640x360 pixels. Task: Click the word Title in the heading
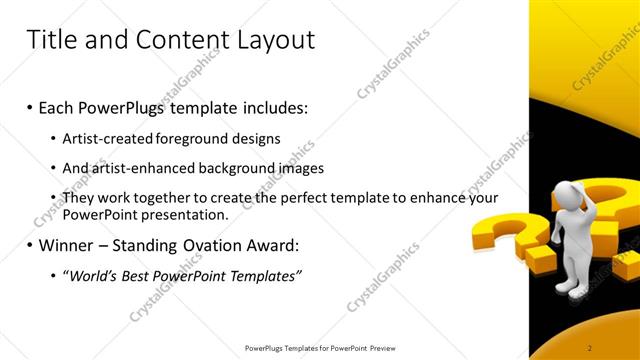coord(50,40)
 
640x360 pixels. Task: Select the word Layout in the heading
coord(272,40)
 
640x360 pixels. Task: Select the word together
coord(166,198)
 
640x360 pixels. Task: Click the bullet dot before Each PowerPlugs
coord(29,108)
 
